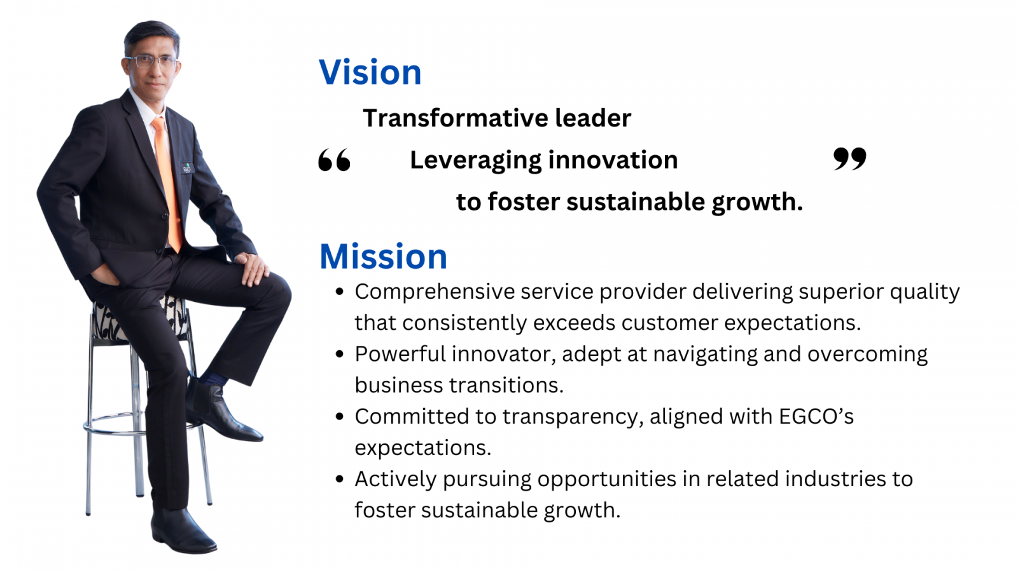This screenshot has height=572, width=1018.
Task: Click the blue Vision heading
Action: pos(370,72)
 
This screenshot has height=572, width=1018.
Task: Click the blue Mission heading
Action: pos(383,257)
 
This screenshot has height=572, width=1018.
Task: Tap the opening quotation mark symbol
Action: pos(335,160)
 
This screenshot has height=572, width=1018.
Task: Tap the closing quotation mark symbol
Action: pos(850,159)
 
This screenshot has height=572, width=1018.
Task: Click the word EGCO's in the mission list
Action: pos(816,416)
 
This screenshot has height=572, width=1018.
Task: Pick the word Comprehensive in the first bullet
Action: pos(435,292)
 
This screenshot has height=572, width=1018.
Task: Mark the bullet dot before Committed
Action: pos(340,416)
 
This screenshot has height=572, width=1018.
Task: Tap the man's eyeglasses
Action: pos(151,61)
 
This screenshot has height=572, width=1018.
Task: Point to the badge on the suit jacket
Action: pos(187,168)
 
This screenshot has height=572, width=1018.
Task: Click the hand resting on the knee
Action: pos(253,268)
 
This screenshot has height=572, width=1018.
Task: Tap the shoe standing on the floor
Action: pos(182,531)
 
